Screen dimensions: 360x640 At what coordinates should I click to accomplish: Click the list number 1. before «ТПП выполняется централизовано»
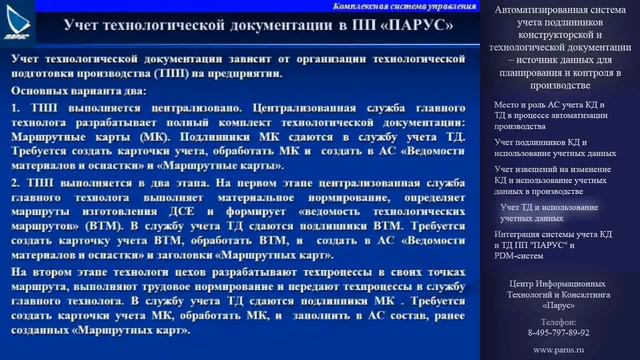click(17, 104)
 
